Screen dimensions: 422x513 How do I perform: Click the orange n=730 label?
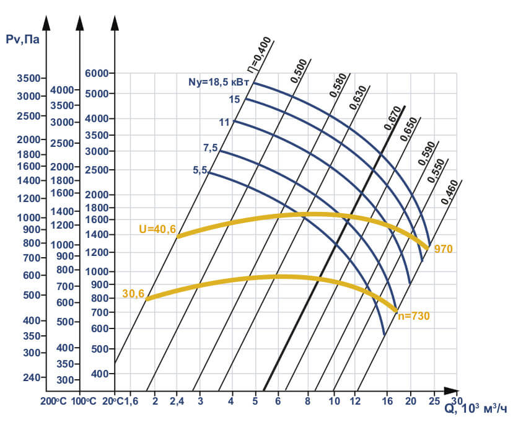tap(413, 316)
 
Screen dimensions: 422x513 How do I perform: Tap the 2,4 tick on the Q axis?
tap(177, 401)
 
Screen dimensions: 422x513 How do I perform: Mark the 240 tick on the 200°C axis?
tap(31, 377)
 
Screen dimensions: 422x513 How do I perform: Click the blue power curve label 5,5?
tap(199, 170)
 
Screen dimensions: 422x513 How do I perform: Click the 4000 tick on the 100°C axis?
tap(62, 90)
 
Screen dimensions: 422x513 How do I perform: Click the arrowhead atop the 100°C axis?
tap(80, 23)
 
